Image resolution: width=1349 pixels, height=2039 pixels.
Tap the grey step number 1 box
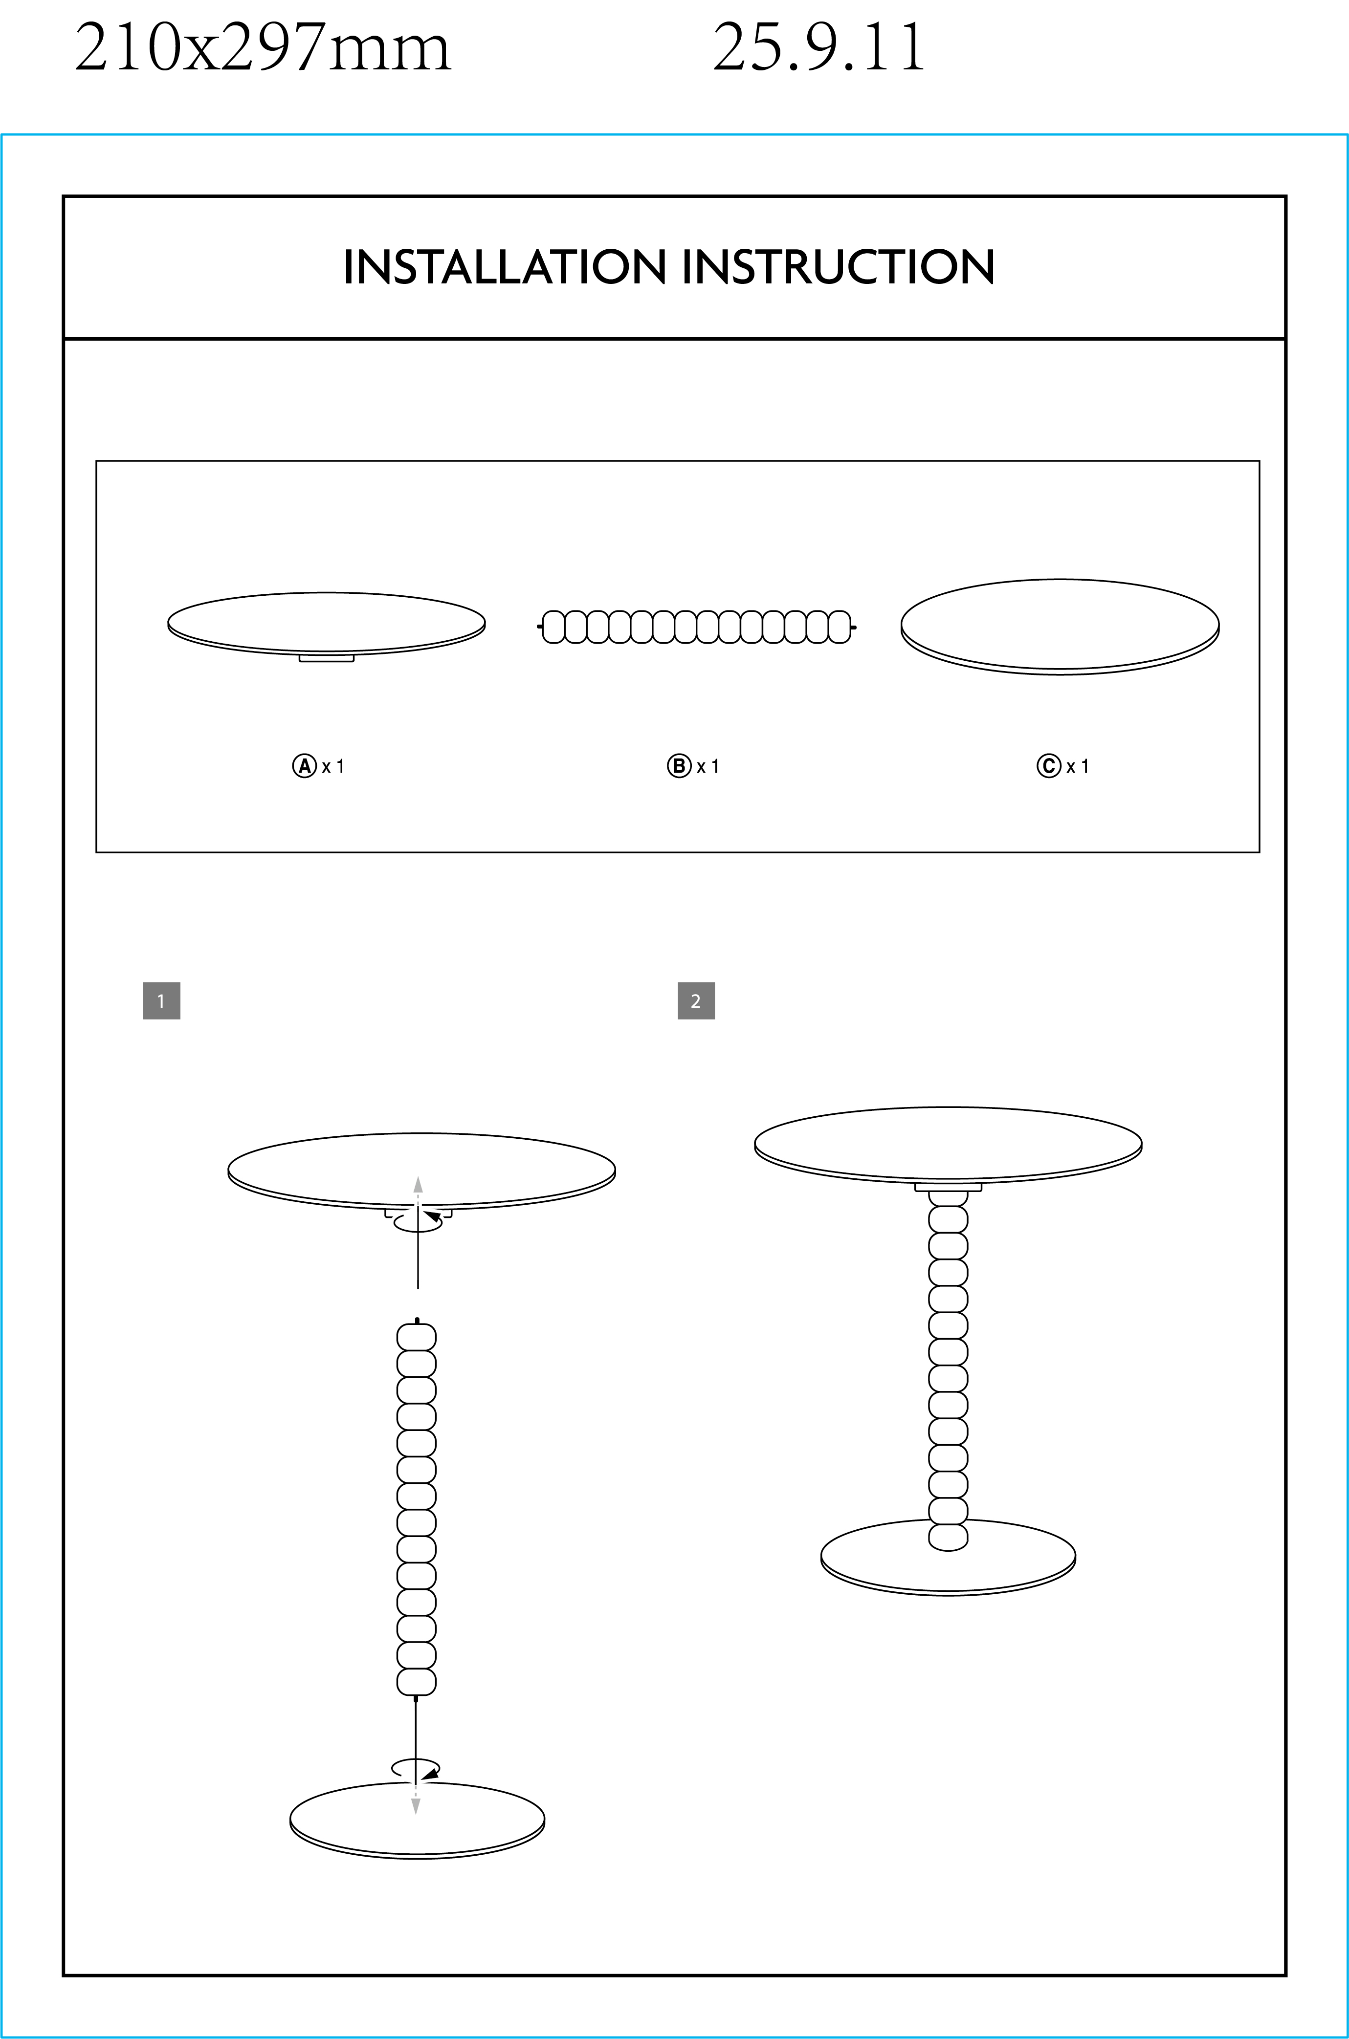click(x=162, y=1001)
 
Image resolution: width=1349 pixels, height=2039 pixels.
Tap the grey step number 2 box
click(x=696, y=1001)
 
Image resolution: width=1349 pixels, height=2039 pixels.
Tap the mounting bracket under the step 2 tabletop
click(x=948, y=1188)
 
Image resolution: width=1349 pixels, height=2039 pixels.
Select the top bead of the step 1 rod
click(x=417, y=1337)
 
